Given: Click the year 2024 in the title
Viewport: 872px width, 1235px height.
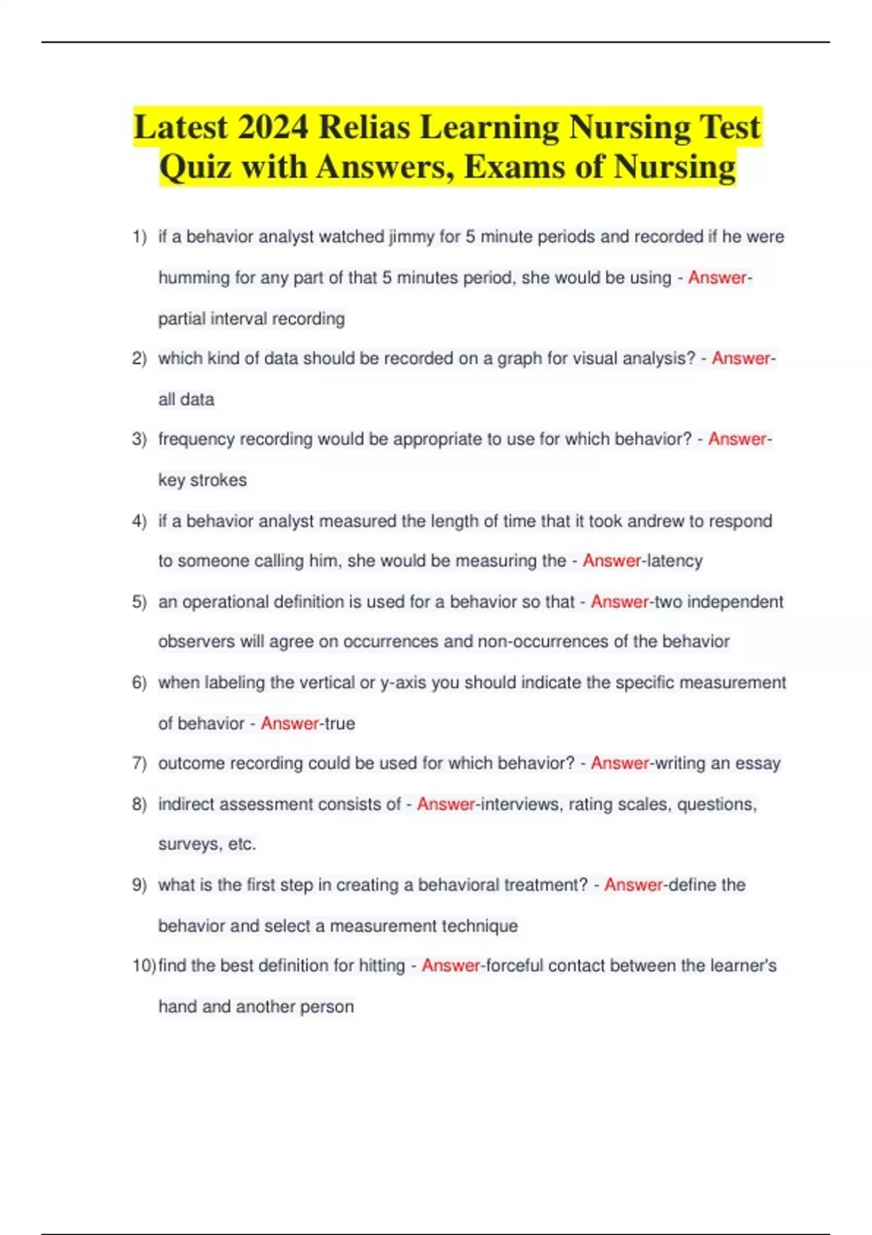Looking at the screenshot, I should (272, 127).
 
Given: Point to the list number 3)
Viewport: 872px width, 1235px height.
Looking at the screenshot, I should (140, 440).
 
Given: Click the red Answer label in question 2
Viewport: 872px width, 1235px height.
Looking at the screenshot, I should (740, 358).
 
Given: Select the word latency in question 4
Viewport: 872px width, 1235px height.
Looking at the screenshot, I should (675, 561).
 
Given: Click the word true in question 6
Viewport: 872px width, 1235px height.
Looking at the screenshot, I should (339, 724).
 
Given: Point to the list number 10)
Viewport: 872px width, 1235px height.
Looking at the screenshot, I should (144, 965).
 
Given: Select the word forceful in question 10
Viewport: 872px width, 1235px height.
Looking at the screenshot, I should (514, 965).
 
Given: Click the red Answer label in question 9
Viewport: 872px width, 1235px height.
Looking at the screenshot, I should (633, 885).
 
